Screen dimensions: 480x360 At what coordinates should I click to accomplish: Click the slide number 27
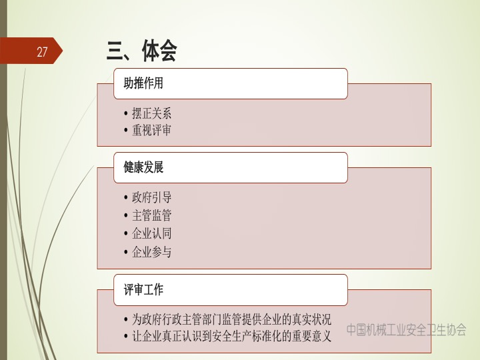[42, 52]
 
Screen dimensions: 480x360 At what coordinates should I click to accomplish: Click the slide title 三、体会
[142, 51]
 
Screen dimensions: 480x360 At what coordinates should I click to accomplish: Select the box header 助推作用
[143, 83]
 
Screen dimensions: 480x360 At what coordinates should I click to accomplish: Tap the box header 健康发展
[143, 167]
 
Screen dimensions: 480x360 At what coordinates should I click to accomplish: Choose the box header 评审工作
[143, 289]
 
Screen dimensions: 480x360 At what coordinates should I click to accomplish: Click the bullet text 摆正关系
[151, 113]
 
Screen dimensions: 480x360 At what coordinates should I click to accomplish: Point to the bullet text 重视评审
[151, 130]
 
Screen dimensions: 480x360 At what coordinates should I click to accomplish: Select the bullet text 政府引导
[151, 197]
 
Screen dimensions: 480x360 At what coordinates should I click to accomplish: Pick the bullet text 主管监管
[151, 215]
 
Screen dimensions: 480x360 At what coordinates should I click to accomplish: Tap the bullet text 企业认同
[151, 233]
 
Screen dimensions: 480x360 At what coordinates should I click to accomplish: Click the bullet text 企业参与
[151, 251]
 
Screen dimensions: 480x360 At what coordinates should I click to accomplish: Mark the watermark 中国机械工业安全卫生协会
[406, 330]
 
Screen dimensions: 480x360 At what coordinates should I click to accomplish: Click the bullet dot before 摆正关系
[126, 113]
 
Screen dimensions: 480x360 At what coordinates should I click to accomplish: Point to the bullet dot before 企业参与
[126, 252]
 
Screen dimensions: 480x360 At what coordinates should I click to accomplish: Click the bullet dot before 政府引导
[126, 198]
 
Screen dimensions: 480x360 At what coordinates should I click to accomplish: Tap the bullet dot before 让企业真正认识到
[126, 336]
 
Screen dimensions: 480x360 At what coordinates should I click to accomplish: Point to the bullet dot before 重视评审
[126, 131]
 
